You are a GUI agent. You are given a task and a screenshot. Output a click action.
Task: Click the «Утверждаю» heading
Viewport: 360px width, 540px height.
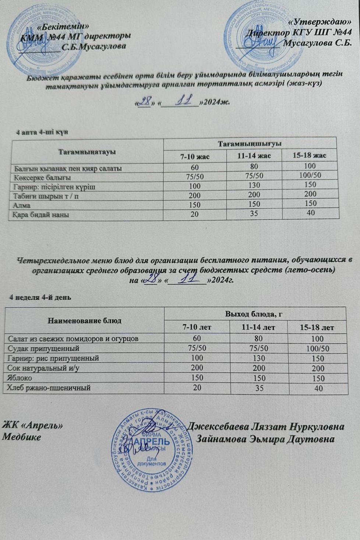click(323, 22)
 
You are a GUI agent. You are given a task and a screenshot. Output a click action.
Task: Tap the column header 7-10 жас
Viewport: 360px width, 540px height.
click(195, 157)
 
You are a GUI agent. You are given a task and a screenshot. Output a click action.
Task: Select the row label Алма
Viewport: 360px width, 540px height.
click(22, 205)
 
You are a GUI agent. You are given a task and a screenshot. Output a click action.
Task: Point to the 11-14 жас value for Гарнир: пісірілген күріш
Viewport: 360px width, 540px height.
click(254, 185)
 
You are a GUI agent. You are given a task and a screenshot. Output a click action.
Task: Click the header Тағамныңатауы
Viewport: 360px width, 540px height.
click(87, 151)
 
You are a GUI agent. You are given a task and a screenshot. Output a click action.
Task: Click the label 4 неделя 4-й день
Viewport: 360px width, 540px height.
click(40, 297)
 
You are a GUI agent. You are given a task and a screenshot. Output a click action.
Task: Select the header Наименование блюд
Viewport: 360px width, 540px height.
click(84, 320)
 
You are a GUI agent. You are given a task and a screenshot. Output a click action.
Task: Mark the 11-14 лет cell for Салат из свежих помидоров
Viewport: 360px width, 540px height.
click(258, 338)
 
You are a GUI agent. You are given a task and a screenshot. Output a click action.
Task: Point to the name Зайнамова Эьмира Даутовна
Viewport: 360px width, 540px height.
click(266, 439)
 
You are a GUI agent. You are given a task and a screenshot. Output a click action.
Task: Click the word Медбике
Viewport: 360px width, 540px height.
click(22, 437)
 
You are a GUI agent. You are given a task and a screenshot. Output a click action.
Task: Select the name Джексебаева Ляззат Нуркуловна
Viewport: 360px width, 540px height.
click(266, 427)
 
